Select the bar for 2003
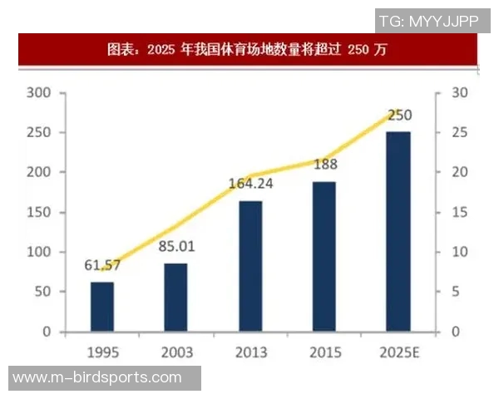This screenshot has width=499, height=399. point(175,297)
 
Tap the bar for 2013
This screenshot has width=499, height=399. point(251,265)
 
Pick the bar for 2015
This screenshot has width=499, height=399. point(324,256)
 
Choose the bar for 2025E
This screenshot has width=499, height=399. point(398,231)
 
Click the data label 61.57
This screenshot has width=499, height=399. point(102,265)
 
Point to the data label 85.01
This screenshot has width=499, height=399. point(175,247)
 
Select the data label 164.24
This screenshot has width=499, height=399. point(251,184)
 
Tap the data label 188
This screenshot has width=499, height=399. point(325,165)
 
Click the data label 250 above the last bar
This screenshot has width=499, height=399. point(399,115)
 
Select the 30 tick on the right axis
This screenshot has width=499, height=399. point(460,92)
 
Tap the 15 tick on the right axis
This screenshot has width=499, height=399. point(460,212)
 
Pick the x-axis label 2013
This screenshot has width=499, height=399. point(251,353)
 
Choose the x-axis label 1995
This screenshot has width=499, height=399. point(102,353)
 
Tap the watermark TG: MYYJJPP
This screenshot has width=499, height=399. point(429,21)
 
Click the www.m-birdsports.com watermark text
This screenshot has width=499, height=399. point(97,377)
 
